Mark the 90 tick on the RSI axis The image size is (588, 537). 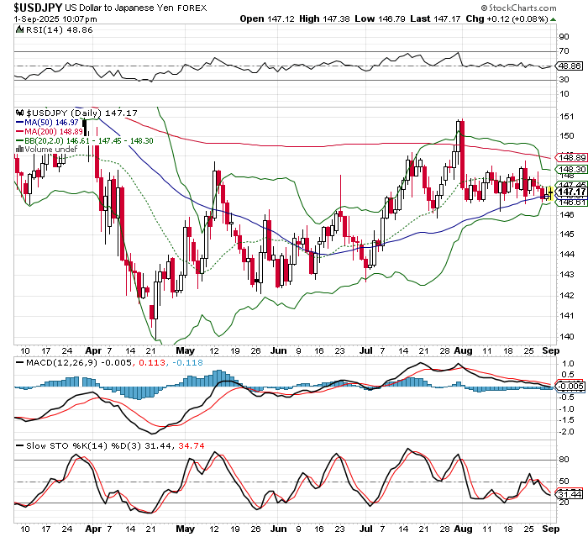[x=564, y=37]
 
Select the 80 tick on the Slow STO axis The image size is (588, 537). [x=564, y=460]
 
